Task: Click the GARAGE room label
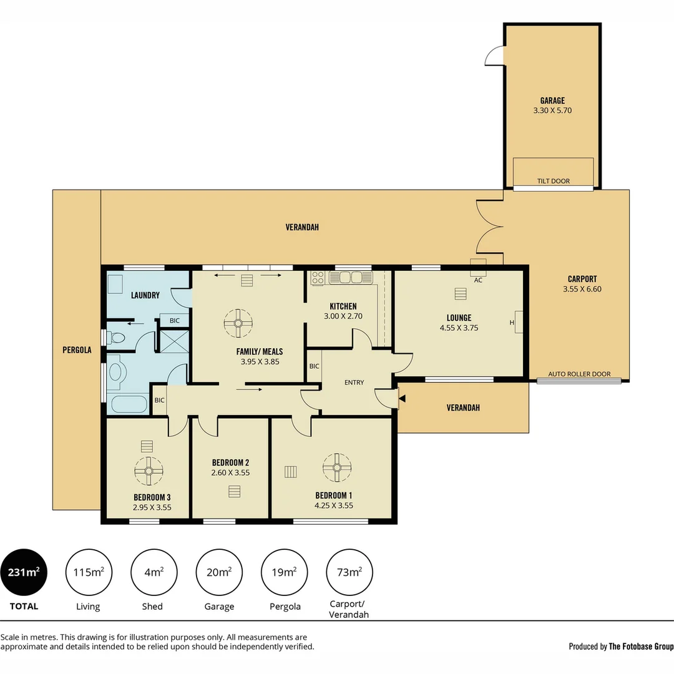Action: click(x=552, y=100)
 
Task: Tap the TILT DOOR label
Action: click(x=553, y=182)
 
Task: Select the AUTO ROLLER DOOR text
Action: click(x=579, y=374)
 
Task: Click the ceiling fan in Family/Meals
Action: click(x=238, y=323)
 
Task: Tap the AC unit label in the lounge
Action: click(x=478, y=280)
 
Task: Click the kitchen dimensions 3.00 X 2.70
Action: click(x=343, y=316)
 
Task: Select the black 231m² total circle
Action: click(x=24, y=572)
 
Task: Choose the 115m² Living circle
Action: click(x=89, y=572)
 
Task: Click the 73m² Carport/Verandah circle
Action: click(x=349, y=572)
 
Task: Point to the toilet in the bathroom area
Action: click(x=116, y=338)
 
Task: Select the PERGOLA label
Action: click(x=77, y=350)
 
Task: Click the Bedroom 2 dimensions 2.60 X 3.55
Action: click(x=230, y=473)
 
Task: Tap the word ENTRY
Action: click(x=354, y=383)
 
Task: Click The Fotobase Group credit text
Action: click(x=641, y=647)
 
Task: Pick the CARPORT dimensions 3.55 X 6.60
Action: click(x=582, y=289)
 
